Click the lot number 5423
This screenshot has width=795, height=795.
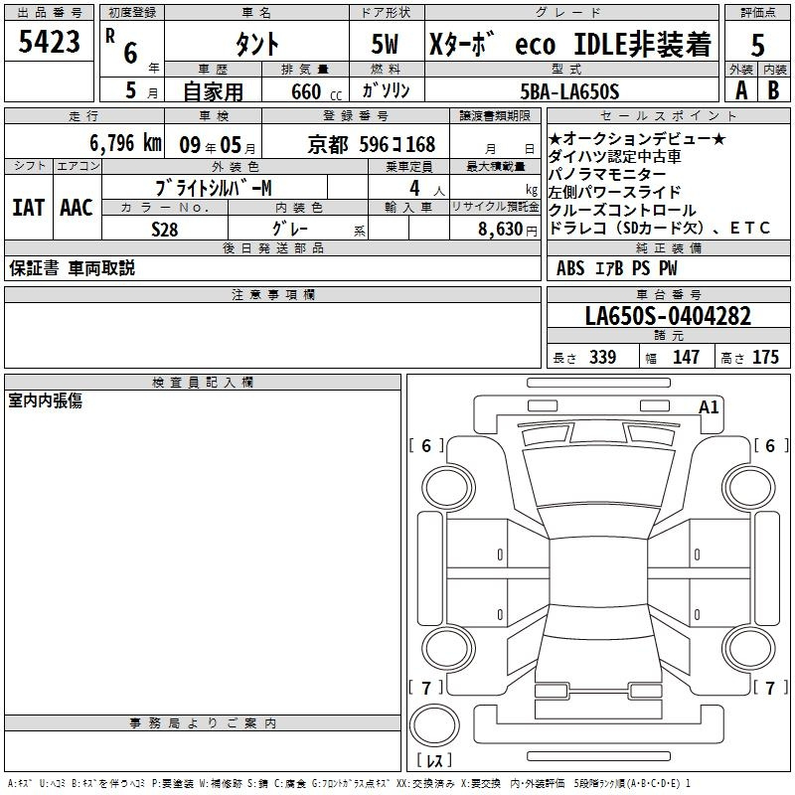point(49,42)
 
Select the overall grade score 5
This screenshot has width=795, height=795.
point(757,45)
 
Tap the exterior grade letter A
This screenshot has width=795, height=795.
point(741,90)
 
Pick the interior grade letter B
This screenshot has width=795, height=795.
point(773,90)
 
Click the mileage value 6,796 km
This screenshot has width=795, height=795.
point(126,143)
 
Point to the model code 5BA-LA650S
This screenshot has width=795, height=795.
point(569,91)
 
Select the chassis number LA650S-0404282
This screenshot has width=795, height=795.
point(668,316)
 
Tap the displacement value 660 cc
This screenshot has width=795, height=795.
point(317,91)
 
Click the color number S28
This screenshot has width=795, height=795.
point(165,230)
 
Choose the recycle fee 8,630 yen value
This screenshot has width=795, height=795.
point(508,230)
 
